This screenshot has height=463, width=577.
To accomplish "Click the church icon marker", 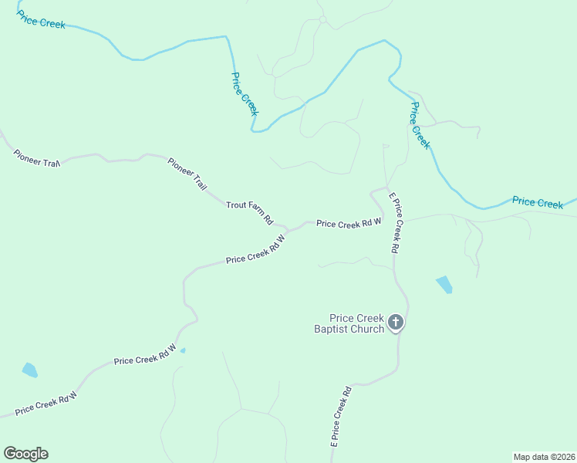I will (395, 323).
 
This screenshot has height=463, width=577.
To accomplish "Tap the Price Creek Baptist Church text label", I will (356, 323).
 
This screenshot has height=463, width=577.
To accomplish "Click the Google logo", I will (25, 454).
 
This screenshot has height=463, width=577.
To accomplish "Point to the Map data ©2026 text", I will (544, 457).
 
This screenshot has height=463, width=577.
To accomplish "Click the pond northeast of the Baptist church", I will (444, 284).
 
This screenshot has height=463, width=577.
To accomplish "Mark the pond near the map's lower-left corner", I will (29, 370).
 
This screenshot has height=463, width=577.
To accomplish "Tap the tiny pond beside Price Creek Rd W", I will (182, 350).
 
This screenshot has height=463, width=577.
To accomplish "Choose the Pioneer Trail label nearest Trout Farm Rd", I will (187, 174).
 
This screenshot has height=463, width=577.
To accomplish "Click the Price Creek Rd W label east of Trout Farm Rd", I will (349, 224).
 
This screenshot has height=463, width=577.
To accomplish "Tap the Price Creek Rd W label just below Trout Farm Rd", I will (255, 250).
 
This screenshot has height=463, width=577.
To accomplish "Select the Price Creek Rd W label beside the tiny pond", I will (145, 356).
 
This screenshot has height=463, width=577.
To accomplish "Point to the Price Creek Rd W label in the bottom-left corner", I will (46, 403).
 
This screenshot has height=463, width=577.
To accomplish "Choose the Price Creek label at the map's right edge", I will (538, 202).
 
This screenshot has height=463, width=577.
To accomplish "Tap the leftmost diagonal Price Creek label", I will (245, 93).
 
